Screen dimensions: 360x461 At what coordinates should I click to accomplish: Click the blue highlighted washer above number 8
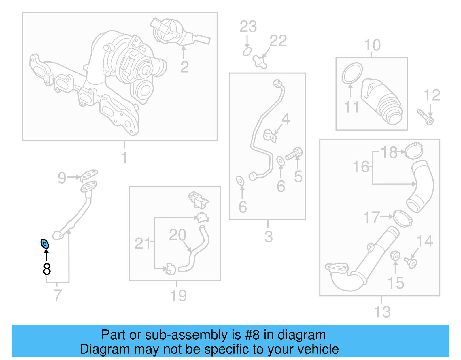tap(45, 244)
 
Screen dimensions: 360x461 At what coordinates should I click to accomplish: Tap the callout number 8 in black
tap(46, 269)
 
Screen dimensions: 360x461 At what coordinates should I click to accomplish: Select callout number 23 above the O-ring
tap(248, 27)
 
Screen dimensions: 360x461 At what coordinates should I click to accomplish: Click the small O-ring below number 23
tap(247, 52)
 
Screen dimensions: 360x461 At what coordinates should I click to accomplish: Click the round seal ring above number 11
tap(352, 73)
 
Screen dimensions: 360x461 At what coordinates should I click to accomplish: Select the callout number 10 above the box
tap(372, 45)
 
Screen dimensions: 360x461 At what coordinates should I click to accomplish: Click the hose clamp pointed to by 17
tap(402, 218)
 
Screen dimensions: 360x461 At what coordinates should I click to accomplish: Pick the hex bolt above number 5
tap(294, 154)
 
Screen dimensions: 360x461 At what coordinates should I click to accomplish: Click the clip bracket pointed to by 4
tap(270, 136)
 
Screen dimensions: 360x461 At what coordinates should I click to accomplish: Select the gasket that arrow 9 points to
tap(89, 174)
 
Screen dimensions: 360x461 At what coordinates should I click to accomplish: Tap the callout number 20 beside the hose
tap(177, 235)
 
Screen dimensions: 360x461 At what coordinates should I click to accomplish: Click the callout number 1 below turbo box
tap(124, 158)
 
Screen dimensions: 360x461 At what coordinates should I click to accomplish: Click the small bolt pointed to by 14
tap(411, 263)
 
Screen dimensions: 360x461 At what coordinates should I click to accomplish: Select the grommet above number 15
tap(395, 255)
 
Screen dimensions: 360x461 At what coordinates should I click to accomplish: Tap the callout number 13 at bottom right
tap(382, 312)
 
